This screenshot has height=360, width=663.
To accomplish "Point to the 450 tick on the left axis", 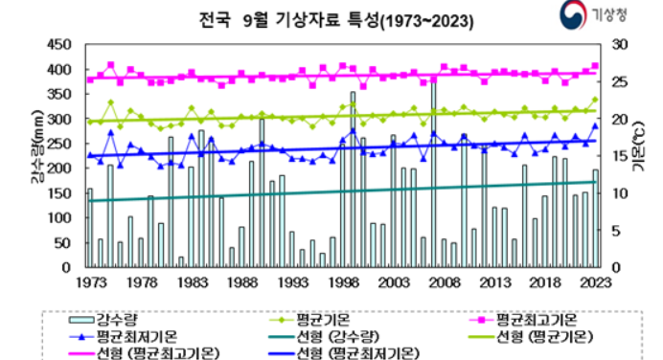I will point(59,45).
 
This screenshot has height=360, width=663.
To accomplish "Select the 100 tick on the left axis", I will point(59,217).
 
